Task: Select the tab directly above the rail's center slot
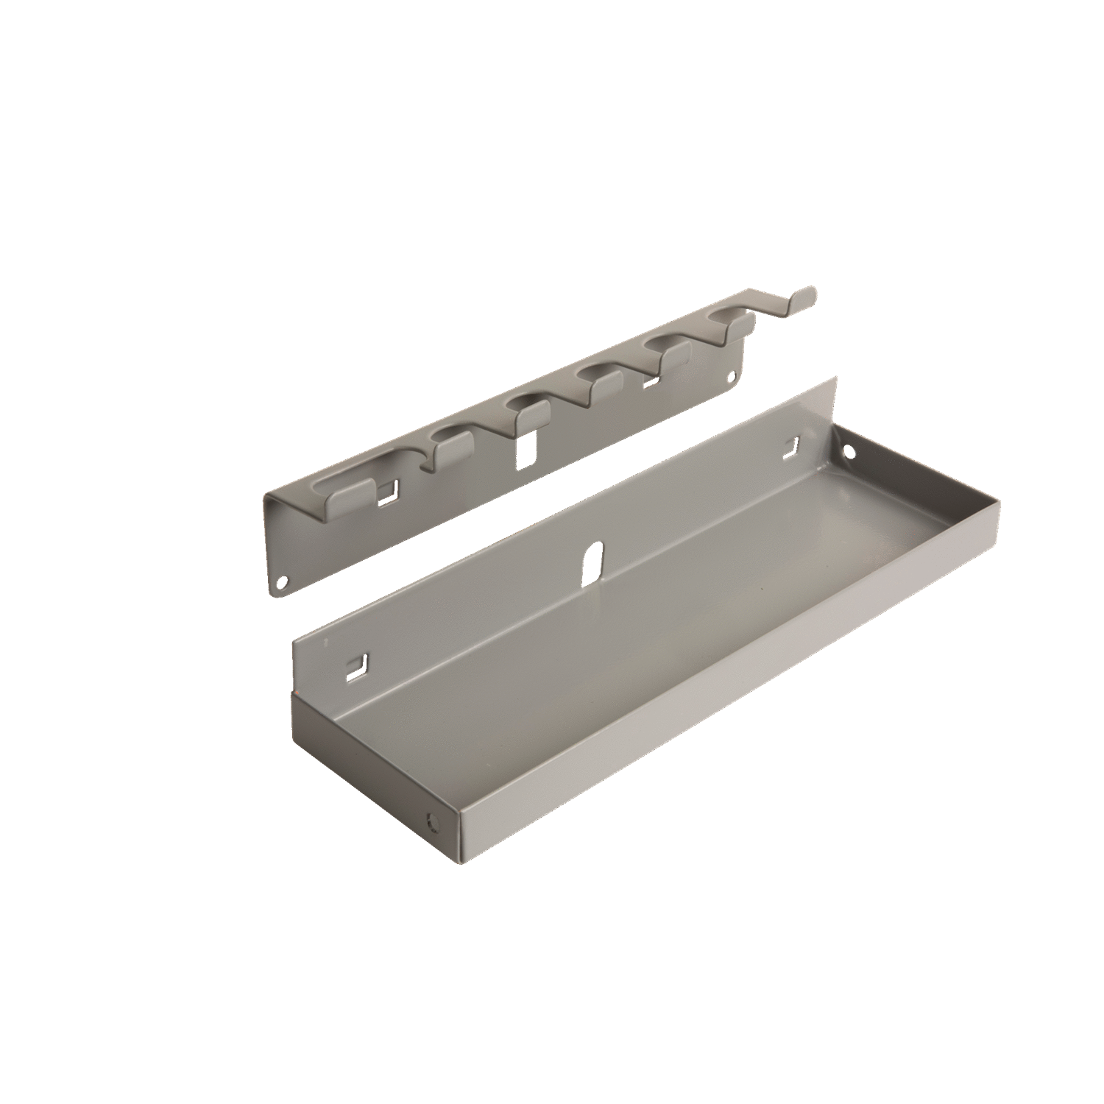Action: [x=527, y=407]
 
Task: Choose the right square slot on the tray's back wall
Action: [x=793, y=445]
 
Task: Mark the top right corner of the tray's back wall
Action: [x=837, y=378]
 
